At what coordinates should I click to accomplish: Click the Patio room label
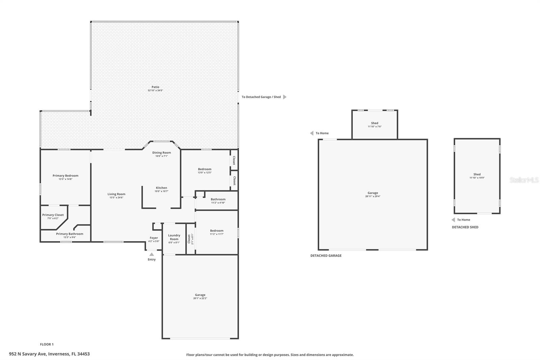(155, 87)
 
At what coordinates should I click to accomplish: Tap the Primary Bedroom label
(65, 176)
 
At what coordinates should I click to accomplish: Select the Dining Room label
(161, 153)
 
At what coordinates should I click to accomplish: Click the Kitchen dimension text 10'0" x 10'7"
(161, 191)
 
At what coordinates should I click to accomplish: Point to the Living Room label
(116, 194)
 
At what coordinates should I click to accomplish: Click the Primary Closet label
(53, 215)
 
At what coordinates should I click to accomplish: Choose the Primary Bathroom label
(70, 234)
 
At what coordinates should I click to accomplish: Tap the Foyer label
(154, 238)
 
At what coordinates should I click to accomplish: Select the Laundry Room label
(174, 237)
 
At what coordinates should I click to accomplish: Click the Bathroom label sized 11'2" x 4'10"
(218, 199)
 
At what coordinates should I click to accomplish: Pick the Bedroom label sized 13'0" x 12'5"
(205, 169)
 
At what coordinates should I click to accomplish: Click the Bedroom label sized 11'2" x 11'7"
(217, 231)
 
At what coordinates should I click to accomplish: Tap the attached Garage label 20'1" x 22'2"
(200, 295)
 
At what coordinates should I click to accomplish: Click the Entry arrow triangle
(152, 254)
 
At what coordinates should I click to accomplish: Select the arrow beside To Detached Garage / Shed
(285, 97)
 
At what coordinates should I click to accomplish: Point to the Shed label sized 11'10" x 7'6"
(374, 123)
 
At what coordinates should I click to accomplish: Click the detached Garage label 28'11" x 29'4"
(373, 193)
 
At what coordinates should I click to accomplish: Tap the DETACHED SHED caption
(465, 227)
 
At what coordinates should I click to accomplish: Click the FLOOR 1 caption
(47, 344)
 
